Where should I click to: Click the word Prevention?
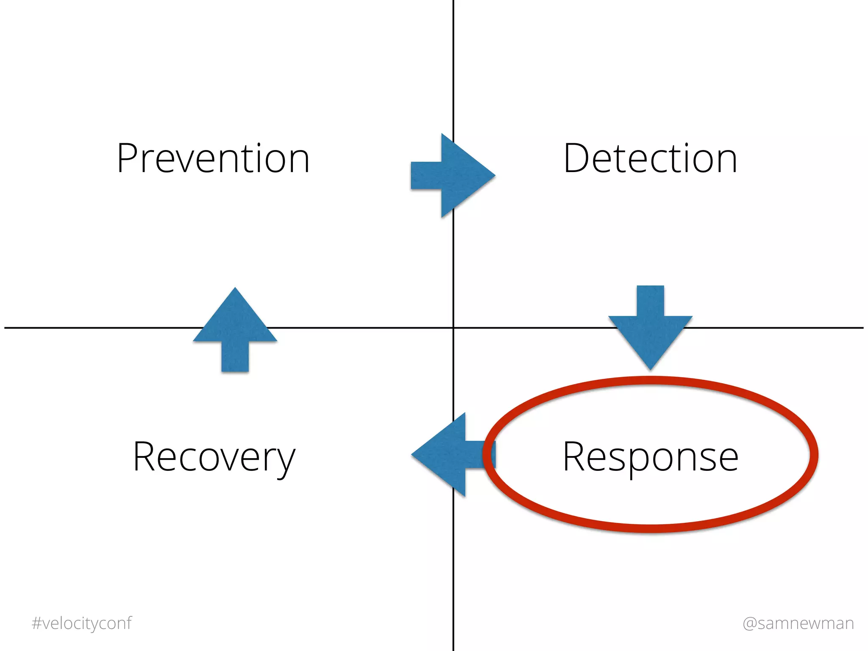click(x=213, y=159)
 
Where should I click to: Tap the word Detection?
click(x=650, y=159)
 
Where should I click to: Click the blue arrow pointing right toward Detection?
click(x=452, y=175)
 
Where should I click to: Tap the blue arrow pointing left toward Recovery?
click(x=451, y=455)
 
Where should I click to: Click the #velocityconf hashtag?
click(x=82, y=623)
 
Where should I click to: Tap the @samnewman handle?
click(x=798, y=623)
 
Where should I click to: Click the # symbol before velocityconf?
click(x=36, y=623)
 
